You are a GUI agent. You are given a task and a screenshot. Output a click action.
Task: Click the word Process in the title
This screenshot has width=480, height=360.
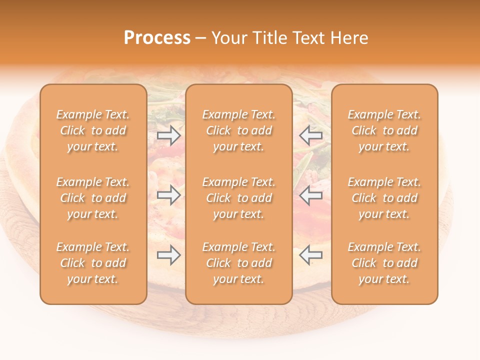click(157, 38)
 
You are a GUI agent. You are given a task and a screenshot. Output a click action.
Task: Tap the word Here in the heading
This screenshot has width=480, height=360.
click(349, 38)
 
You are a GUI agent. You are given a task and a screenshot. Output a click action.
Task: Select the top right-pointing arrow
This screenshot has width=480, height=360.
click(169, 135)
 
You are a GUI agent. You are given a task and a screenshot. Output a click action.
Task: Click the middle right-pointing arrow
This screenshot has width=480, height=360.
click(169, 195)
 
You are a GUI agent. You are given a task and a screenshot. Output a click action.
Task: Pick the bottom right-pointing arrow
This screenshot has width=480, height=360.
click(169, 255)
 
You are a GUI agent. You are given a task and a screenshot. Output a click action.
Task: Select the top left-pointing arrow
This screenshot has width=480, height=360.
click(311, 135)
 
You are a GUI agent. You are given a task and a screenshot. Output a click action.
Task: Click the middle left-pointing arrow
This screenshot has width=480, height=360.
click(311, 195)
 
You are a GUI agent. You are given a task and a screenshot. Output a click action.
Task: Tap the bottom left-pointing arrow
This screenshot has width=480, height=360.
click(311, 255)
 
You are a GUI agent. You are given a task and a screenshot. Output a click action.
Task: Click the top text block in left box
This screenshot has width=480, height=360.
click(93, 130)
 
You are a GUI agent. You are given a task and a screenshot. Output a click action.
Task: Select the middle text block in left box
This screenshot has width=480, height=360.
click(93, 198)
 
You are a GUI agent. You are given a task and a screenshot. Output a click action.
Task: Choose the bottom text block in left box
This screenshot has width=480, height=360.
click(93, 263)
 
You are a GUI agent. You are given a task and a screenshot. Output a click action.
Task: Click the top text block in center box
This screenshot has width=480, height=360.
click(238, 130)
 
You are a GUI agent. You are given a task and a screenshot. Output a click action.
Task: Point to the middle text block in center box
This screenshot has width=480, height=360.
click(238, 198)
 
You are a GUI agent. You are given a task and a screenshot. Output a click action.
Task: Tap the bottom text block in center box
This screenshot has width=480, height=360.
click(238, 263)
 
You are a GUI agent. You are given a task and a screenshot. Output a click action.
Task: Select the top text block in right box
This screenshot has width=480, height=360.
click(384, 130)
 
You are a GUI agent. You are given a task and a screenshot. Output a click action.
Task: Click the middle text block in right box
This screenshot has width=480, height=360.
click(384, 198)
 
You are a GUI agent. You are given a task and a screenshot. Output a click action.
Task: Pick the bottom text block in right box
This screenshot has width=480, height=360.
click(384, 263)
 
